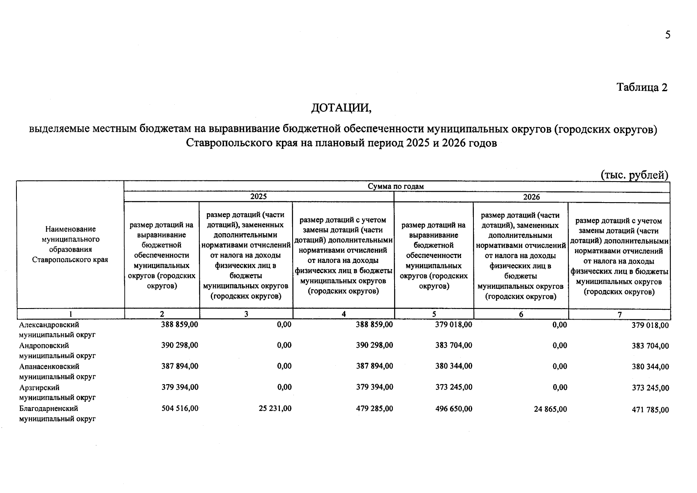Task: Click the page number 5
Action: [667, 35]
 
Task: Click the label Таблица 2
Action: [642, 88]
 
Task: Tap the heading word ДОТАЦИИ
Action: [341, 108]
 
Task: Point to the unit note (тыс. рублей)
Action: [635, 175]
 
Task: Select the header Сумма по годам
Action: [395, 187]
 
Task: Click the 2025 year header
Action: [258, 197]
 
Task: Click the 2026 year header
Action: [531, 197]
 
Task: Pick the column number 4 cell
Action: [344, 314]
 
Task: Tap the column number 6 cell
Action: [521, 314]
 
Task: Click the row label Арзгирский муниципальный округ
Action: [57, 392]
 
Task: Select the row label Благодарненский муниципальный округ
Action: [57, 414]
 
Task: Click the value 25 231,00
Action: [275, 409]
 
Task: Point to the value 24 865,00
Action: [550, 409]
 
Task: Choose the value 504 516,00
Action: [180, 408]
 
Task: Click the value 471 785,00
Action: [650, 410]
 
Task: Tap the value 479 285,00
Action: [374, 409]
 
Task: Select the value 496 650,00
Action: [454, 409]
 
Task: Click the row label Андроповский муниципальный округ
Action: [57, 350]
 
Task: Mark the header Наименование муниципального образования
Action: [70, 244]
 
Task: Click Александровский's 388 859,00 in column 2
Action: [180, 324]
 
